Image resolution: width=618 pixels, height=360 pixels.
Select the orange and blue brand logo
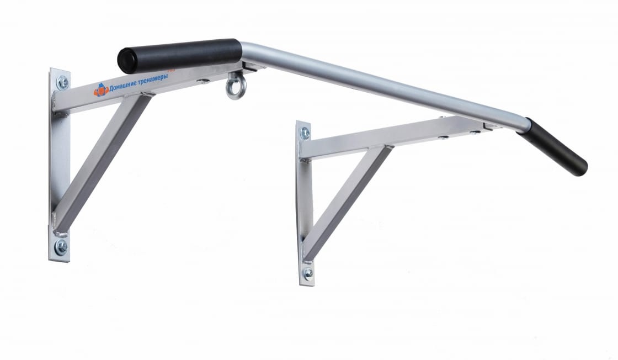point(101,91)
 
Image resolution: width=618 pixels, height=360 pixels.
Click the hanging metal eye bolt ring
point(236,86)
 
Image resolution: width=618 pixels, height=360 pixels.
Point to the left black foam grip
point(180,56)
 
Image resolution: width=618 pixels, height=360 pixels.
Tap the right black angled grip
point(553,147)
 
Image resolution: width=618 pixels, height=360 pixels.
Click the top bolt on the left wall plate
point(63,82)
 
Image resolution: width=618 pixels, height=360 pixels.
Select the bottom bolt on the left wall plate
point(61,247)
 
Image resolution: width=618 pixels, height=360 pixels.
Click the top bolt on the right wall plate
point(305,133)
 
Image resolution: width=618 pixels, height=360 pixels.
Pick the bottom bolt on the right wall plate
point(308,273)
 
